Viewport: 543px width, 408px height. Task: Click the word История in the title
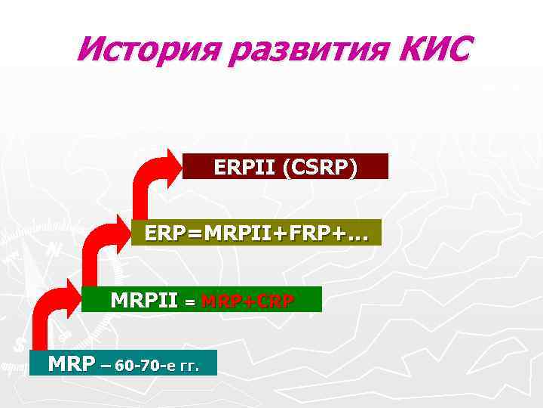(x=141, y=51)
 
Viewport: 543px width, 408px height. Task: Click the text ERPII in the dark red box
(x=244, y=167)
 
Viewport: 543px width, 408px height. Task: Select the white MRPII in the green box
(x=144, y=300)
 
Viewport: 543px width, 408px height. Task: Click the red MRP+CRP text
(x=248, y=300)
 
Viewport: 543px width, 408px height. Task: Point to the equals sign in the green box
(x=190, y=301)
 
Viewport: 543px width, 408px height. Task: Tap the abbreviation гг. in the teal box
(x=187, y=367)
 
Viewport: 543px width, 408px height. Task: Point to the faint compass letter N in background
(x=54, y=249)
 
